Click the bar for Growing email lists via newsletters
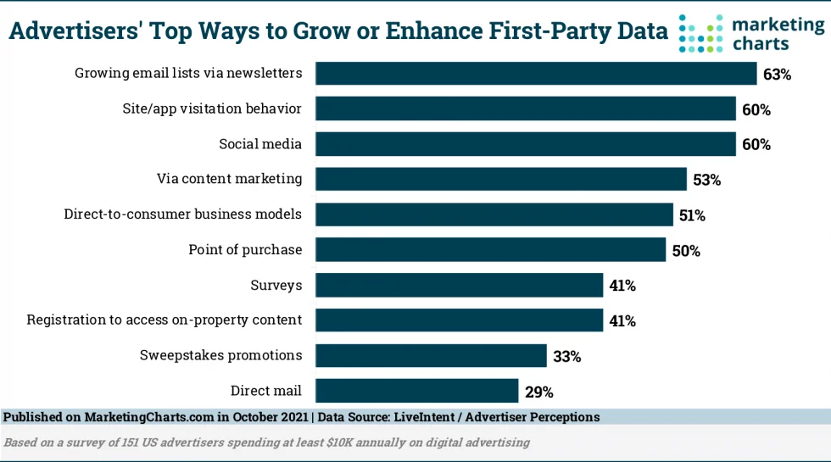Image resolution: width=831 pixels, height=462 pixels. coord(536,74)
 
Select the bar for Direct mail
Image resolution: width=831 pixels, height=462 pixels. coord(416,391)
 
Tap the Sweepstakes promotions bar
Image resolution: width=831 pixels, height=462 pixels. coord(431,356)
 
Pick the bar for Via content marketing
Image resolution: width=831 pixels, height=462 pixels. coord(500,179)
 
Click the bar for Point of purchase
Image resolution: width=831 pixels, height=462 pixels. coord(490,250)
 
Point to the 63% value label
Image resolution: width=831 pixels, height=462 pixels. coord(777,75)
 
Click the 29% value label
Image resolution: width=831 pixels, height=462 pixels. coord(539,392)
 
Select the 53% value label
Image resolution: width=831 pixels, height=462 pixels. coord(706,180)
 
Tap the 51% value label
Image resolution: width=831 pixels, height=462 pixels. coord(692,215)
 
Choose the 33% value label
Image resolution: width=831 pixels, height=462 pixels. coord(566,357)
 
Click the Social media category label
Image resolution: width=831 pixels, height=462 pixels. coord(259,144)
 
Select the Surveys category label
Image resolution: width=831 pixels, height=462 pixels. coord(276,285)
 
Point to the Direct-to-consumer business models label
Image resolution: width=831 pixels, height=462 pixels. coord(182,214)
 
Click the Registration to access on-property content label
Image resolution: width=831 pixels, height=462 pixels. coord(164,320)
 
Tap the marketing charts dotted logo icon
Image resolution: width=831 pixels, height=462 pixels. coord(700,33)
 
